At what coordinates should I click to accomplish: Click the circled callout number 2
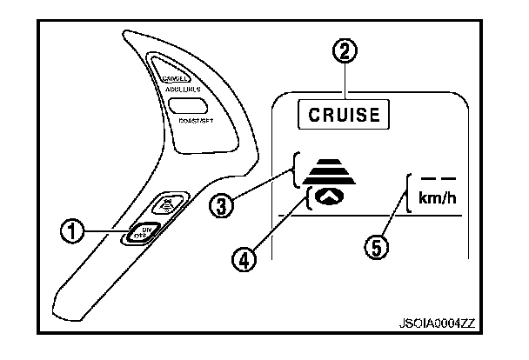[x=347, y=51]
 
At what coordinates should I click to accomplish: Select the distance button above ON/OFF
[x=166, y=205]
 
